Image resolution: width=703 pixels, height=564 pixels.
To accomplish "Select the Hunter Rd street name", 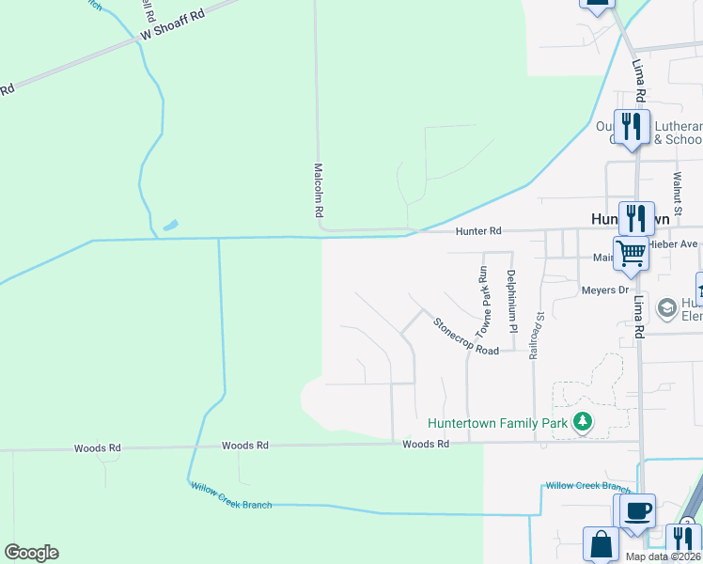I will (x=479, y=231).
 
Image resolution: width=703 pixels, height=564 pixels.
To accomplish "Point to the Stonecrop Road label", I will (x=465, y=336).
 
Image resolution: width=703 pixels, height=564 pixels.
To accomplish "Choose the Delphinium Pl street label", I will (x=512, y=302).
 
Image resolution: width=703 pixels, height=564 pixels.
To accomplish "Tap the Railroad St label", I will (x=537, y=336).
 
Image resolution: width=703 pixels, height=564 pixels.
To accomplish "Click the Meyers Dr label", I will (x=604, y=290).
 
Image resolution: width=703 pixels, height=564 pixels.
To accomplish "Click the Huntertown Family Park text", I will (x=497, y=423).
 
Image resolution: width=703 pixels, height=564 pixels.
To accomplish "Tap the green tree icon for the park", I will (x=583, y=422).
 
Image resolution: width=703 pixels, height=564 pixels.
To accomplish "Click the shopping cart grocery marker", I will (x=631, y=252).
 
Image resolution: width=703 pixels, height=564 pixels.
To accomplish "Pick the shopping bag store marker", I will (x=601, y=543).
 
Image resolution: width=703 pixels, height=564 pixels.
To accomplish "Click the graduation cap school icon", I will (x=666, y=307).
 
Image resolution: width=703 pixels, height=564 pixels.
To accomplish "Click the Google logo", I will (x=31, y=553).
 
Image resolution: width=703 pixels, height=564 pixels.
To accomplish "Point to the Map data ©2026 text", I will (x=662, y=556).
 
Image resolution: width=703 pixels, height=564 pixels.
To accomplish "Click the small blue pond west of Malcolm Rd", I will (x=169, y=226).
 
